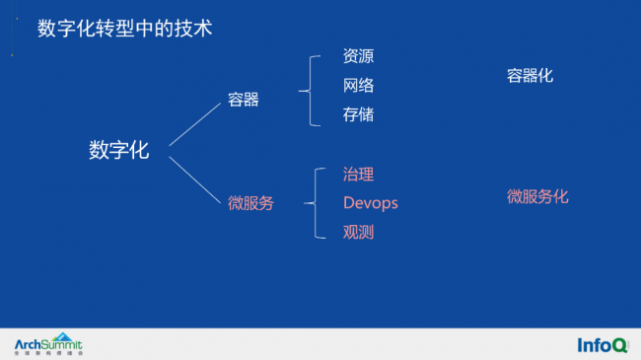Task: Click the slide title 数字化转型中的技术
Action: tap(124, 29)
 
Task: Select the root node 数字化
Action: tap(119, 150)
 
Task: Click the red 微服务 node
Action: tap(250, 203)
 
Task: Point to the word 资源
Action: tap(358, 56)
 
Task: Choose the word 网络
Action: tap(358, 86)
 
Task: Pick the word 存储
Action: tap(358, 115)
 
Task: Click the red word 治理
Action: tap(358, 175)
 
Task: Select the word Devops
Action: tap(370, 203)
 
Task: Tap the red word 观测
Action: tap(358, 233)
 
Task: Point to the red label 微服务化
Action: tap(537, 196)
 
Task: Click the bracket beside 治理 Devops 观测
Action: tap(314, 203)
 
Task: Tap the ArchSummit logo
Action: tap(48, 344)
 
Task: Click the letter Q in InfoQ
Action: tap(619, 345)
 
